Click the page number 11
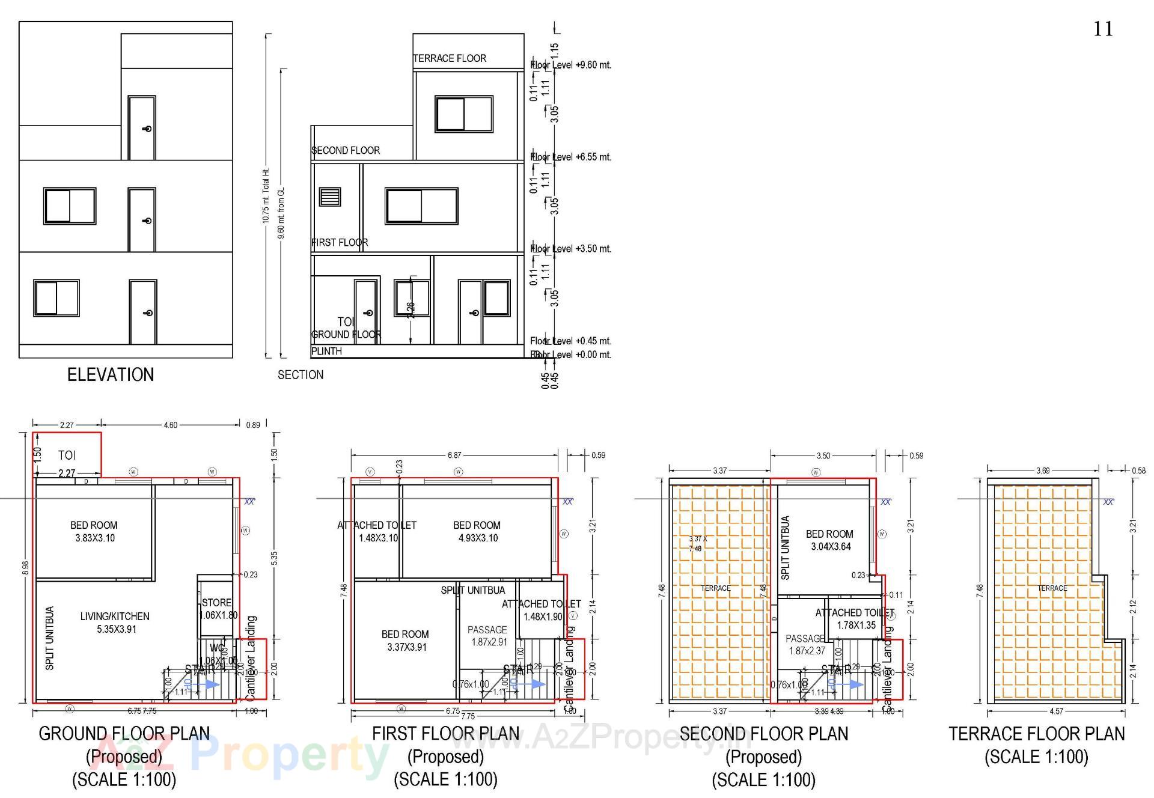[x=1102, y=29]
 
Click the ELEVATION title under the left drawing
[x=111, y=375]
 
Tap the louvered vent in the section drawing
[x=330, y=197]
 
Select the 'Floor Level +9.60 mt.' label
[x=570, y=65]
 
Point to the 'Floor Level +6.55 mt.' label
[x=570, y=157]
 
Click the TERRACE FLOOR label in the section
[x=450, y=58]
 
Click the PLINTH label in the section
[x=326, y=351]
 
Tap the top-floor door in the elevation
[x=142, y=128]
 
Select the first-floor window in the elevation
[x=70, y=206]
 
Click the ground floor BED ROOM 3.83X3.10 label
[x=94, y=531]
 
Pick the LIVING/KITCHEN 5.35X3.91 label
[x=115, y=623]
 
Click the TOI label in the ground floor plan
[x=67, y=455]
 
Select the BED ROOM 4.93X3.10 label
[x=477, y=531]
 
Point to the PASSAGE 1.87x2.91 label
[x=487, y=636]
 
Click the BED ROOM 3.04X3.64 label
[x=830, y=540]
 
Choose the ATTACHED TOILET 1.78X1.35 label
[x=855, y=619]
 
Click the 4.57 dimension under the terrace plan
[x=1056, y=711]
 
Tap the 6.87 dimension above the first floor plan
[x=454, y=455]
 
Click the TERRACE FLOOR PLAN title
[x=1036, y=734]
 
